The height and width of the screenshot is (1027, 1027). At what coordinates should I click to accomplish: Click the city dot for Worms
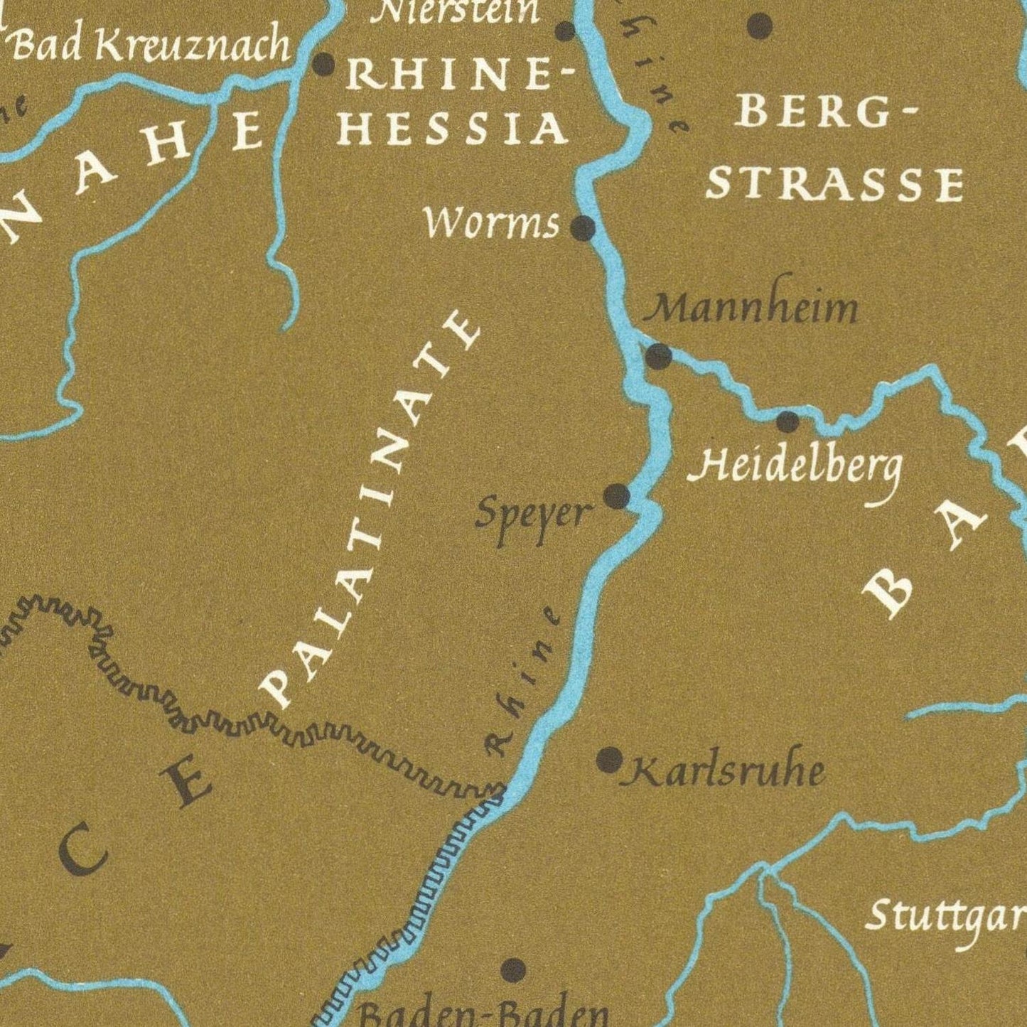(x=583, y=228)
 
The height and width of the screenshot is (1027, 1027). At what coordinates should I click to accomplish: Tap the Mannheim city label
(x=755, y=308)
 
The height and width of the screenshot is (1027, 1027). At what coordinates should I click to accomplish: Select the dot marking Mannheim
(x=658, y=356)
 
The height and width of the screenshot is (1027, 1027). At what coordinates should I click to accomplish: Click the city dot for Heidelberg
(x=787, y=422)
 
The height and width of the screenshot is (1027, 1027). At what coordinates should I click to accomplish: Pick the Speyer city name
(x=533, y=515)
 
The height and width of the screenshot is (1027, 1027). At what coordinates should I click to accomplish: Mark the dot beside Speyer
(x=616, y=496)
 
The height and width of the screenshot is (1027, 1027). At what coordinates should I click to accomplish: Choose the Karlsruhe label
(x=724, y=771)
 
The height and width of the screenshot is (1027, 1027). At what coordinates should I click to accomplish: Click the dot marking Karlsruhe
(x=609, y=760)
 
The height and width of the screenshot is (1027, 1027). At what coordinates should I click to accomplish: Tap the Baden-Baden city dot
(x=513, y=969)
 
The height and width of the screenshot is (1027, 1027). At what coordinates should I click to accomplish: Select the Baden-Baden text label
(x=483, y=1013)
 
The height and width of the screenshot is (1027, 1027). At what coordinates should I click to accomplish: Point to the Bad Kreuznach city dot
(x=323, y=65)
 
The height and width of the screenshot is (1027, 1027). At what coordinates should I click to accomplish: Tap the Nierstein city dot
(x=565, y=31)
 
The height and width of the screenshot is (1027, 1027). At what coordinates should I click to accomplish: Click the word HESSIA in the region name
(x=453, y=129)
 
